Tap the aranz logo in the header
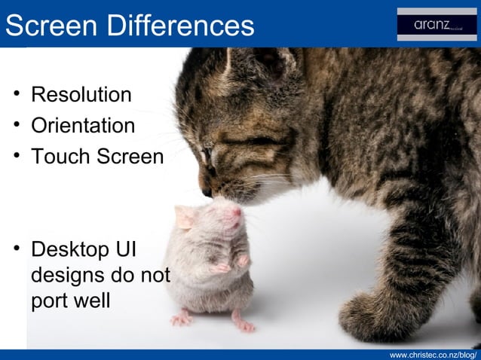[437, 26]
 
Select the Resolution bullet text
[81, 96]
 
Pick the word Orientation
[83, 126]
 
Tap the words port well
[70, 301]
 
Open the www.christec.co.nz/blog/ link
[433, 354]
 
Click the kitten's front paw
[369, 316]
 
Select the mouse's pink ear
[185, 218]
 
